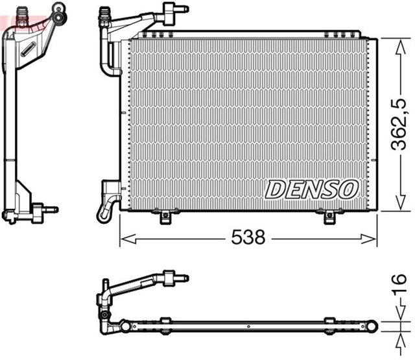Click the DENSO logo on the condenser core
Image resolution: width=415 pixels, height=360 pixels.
[312, 189]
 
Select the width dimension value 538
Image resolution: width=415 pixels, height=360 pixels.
[249, 238]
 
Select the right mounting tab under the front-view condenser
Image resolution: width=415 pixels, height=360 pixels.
[324, 216]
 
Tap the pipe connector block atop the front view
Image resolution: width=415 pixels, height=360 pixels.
[171, 10]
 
